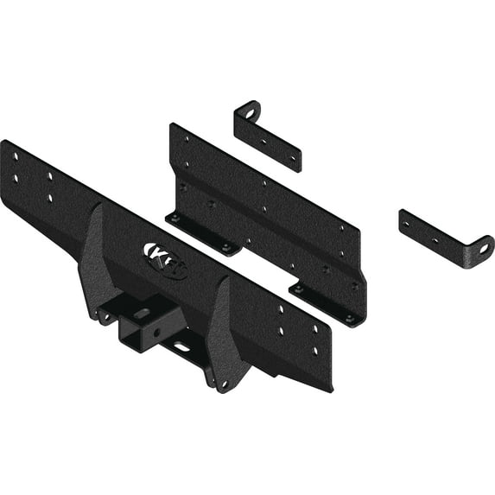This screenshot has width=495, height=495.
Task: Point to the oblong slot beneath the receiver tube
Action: (183, 347)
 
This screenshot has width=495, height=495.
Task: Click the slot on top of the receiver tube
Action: (142, 313)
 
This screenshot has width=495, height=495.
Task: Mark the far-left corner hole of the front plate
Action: (15, 156)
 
